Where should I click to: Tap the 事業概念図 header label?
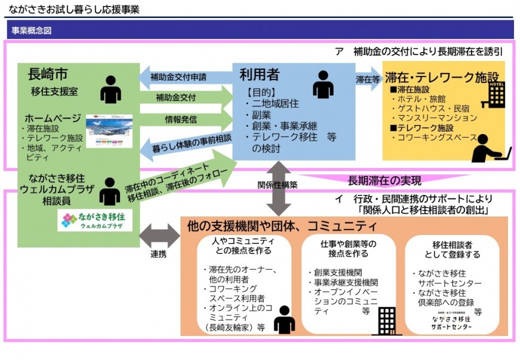[31, 30]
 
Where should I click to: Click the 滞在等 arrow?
[367, 78]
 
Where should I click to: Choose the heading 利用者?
[259, 75]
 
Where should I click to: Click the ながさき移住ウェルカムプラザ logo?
[95, 221]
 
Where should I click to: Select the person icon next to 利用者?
[323, 85]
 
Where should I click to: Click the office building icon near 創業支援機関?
[387, 321]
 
